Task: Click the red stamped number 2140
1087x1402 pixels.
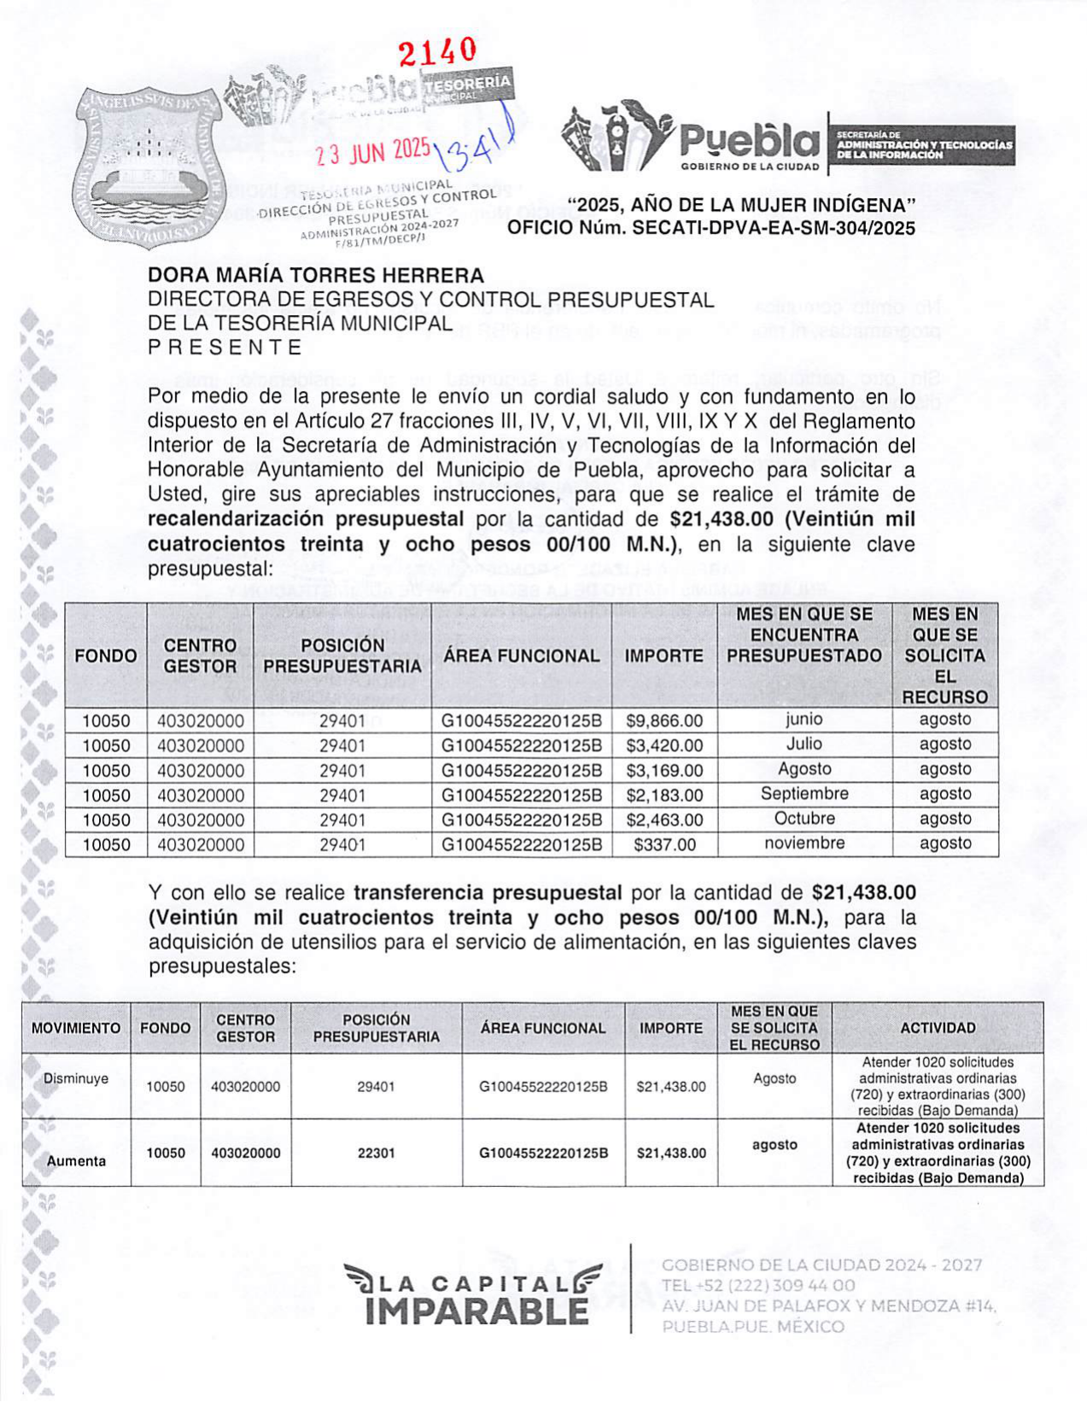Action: (438, 53)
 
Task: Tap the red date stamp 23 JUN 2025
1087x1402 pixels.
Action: (373, 153)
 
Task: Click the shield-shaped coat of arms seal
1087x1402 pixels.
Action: (149, 166)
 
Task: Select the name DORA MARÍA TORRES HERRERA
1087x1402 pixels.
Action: (316, 276)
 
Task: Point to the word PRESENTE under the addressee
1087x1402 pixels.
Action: (225, 348)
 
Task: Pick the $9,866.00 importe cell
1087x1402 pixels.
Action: (664, 721)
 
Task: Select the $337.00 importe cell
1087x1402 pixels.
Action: (664, 845)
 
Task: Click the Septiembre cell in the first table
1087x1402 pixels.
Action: (804, 794)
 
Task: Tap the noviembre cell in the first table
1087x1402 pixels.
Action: (804, 844)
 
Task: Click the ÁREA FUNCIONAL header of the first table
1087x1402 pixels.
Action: (521, 656)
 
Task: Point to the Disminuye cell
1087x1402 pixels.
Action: (76, 1078)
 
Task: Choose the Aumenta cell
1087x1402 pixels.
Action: (76, 1161)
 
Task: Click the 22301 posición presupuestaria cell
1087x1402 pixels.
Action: (376, 1153)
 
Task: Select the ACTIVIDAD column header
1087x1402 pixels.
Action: (938, 1028)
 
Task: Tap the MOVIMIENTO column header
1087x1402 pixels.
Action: (76, 1028)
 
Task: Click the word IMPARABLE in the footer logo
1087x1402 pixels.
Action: (476, 1311)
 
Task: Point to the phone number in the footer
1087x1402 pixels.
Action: (758, 1286)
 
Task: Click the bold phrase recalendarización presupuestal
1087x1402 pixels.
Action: (306, 519)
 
